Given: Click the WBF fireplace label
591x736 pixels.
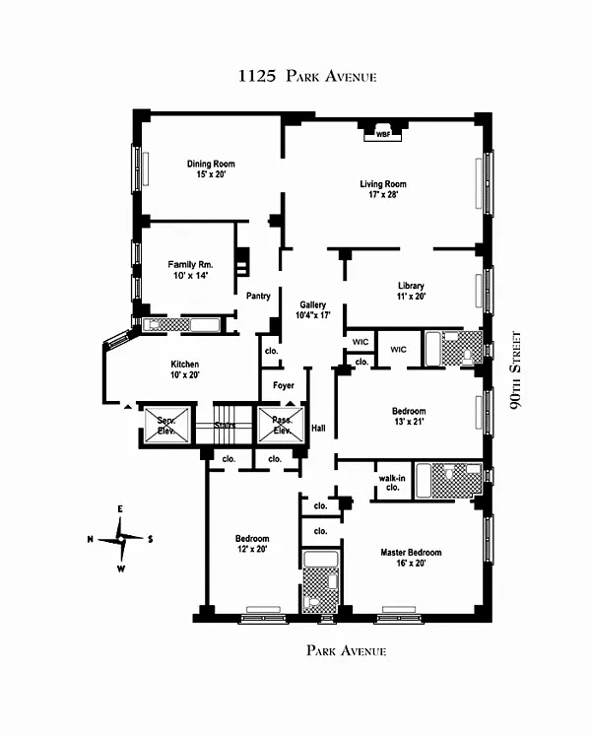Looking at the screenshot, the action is click(x=383, y=134).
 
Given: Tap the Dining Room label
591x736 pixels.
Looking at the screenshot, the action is click(x=211, y=164).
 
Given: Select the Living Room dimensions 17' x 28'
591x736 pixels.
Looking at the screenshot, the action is click(x=383, y=194).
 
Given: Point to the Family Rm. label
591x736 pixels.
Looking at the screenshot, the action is click(x=190, y=265).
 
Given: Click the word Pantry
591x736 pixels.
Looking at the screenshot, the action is click(x=258, y=296).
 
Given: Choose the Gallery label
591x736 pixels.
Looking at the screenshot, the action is click(x=312, y=304).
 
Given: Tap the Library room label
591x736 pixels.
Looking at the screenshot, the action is click(x=411, y=286).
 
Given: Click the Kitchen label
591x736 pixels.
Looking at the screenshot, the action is click(x=185, y=365).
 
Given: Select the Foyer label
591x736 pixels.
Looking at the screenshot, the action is click(x=284, y=385).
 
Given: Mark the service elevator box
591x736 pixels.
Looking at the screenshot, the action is click(x=166, y=426).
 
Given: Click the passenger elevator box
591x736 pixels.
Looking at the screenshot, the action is click(x=282, y=426).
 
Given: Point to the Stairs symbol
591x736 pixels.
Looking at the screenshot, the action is click(x=225, y=426).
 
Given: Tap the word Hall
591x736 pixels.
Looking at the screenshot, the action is click(x=318, y=428).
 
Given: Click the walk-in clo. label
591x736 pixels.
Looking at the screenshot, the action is click(x=392, y=483).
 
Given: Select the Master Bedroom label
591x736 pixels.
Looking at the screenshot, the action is click(x=411, y=553).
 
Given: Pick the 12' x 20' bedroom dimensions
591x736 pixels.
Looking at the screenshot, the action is click(x=252, y=549).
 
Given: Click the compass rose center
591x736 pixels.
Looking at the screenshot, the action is click(x=121, y=539).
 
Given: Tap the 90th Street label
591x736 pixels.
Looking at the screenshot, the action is click(x=515, y=370).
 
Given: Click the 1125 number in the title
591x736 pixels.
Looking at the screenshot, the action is click(x=257, y=76).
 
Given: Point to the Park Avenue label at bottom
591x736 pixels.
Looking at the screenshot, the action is click(x=347, y=650).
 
